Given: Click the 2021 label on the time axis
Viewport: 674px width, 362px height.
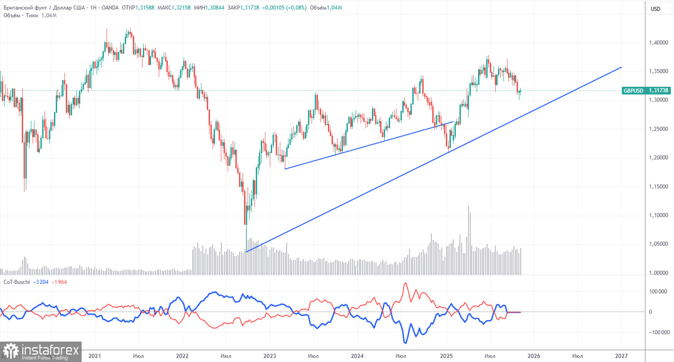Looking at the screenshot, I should pyautogui.click(x=94, y=355).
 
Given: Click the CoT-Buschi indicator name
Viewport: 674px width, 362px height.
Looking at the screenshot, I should pyautogui.click(x=17, y=282).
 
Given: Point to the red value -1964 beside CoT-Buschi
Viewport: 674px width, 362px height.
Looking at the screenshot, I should pyautogui.click(x=60, y=282).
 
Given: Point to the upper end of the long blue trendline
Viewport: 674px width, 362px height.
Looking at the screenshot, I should pyautogui.click(x=621, y=67).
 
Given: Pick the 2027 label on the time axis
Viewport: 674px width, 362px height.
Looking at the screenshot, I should pyautogui.click(x=621, y=355).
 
